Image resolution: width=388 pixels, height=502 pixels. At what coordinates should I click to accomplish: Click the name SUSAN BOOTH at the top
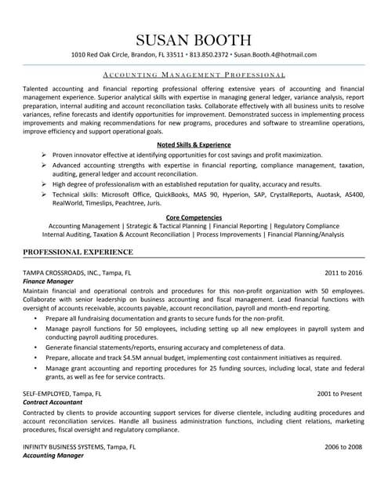point(194,38)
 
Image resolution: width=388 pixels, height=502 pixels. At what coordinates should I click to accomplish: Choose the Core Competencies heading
point(194,217)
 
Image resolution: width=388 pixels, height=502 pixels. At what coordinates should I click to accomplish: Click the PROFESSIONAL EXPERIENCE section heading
point(78,252)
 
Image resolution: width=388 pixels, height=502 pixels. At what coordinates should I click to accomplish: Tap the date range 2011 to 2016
point(343,273)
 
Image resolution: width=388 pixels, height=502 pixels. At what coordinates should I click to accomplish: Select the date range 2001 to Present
point(339,392)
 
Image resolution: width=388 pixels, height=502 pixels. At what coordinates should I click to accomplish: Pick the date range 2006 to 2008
point(343,446)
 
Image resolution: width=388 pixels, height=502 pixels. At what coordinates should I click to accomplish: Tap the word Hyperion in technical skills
point(248,193)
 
